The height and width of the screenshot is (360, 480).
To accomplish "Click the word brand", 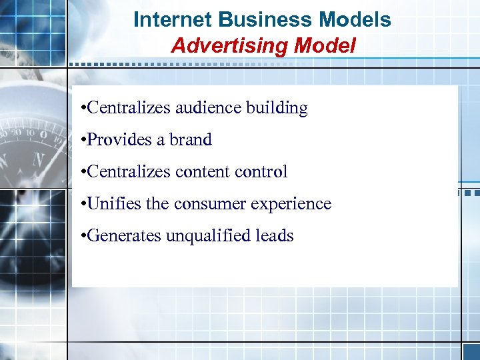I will click(x=191, y=140).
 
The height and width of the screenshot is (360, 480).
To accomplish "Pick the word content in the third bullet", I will click(x=203, y=172).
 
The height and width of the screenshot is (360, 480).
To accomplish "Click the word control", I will click(x=261, y=172).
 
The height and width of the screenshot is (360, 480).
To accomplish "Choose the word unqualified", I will click(x=201, y=235).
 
